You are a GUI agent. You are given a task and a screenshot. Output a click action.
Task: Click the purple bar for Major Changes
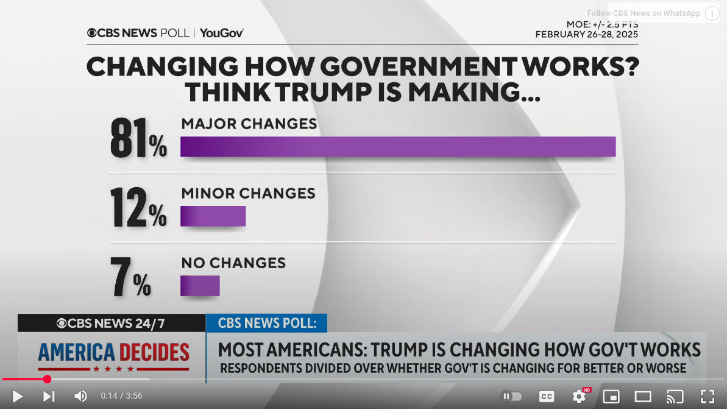(398, 147)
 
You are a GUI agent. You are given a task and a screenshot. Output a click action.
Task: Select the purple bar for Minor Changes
(213, 216)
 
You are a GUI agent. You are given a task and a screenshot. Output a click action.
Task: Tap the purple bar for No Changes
(200, 286)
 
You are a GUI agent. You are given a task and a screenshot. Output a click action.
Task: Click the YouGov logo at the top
(222, 33)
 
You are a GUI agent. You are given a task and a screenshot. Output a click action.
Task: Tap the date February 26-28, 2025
(586, 35)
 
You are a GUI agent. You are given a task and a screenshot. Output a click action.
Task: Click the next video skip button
(49, 396)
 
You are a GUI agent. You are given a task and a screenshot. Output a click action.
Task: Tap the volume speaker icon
(80, 396)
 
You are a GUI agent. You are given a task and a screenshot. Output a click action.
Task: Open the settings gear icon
(579, 396)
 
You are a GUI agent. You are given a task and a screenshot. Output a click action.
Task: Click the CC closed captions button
(547, 396)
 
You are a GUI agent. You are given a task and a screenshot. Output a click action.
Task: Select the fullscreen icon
(707, 396)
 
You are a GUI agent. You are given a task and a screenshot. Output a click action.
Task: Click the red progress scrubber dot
(47, 379)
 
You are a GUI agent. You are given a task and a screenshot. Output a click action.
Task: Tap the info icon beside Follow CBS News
(712, 13)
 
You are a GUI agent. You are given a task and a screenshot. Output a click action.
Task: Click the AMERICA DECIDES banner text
(113, 352)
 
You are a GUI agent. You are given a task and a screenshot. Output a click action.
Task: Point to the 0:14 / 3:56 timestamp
(121, 396)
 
